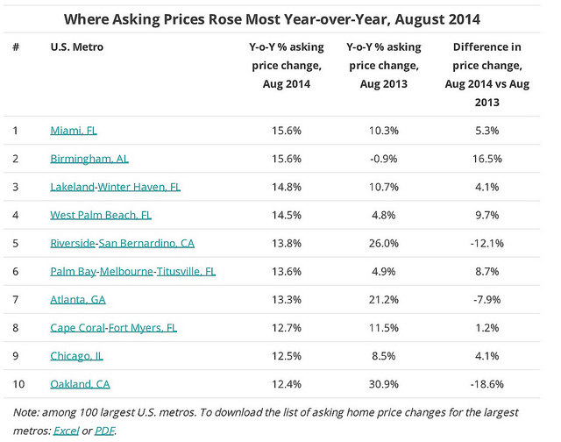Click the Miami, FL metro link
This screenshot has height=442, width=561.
click(x=74, y=131)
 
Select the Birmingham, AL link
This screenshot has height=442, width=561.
click(x=89, y=159)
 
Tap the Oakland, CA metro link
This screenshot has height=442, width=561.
click(x=80, y=384)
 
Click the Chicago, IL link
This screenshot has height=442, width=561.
click(x=77, y=356)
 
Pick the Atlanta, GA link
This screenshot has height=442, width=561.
click(x=78, y=300)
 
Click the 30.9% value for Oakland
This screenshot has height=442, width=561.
click(x=384, y=384)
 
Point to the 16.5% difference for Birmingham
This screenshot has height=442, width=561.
click(x=487, y=159)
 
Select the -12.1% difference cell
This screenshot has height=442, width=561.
click(x=487, y=244)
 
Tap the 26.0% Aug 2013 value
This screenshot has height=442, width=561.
click(x=384, y=244)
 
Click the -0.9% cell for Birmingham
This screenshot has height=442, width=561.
click(x=384, y=159)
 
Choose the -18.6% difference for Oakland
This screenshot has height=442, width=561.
click(x=487, y=384)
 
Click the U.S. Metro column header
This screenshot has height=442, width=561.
click(x=77, y=46)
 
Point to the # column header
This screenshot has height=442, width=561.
click(x=16, y=46)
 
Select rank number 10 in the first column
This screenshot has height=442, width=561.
click(x=18, y=384)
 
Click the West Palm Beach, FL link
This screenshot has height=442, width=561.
click(x=101, y=215)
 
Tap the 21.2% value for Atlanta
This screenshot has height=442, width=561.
click(x=384, y=300)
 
